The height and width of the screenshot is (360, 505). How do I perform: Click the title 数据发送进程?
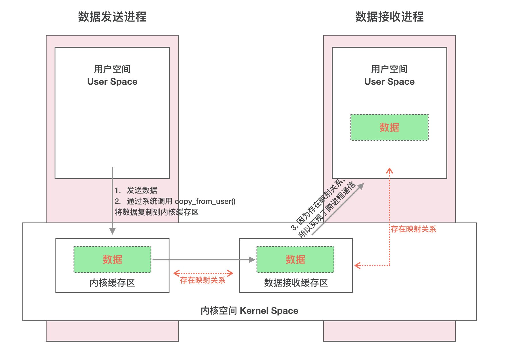click(112, 17)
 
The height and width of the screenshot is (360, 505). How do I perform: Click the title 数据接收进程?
click(389, 17)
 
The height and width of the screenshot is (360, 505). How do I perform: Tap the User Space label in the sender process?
click(112, 82)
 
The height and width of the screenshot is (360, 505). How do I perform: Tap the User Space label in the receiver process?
click(389, 82)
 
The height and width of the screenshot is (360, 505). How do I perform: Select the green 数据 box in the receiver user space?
click(389, 127)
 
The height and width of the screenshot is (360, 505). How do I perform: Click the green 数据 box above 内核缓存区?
click(112, 259)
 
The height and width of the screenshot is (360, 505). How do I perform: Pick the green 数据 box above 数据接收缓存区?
click(295, 259)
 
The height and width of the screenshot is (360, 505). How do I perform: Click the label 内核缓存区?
click(112, 283)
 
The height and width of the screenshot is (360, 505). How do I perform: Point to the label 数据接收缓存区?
click(296, 283)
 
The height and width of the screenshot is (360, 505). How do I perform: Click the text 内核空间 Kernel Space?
click(249, 311)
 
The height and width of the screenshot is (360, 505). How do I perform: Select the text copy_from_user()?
click(205, 201)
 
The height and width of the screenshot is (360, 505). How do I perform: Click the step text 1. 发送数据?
click(136, 190)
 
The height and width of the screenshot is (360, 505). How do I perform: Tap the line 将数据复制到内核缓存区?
click(157, 212)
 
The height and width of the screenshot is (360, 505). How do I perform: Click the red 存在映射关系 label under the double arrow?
click(203, 280)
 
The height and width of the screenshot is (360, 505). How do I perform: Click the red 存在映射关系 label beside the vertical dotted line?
click(413, 229)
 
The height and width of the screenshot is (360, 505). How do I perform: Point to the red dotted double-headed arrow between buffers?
click(203, 273)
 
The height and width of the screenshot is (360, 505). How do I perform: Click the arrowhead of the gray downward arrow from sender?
click(113, 231)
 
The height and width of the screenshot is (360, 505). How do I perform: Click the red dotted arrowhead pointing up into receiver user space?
click(389, 171)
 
